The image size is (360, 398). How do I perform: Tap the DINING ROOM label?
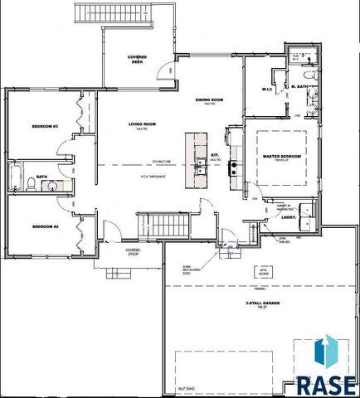click(210, 100)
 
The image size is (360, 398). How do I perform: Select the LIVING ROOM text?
click(144, 125)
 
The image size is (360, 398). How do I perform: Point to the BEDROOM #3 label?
click(45, 126)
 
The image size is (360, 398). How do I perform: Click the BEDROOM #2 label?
click(44, 226)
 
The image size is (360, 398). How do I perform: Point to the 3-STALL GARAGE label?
click(261, 305)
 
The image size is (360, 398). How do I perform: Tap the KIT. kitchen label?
click(214, 155)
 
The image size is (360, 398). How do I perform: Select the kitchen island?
click(200, 159)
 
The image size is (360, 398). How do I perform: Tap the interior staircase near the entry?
click(155, 224)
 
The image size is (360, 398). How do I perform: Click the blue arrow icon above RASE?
click(326, 351)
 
